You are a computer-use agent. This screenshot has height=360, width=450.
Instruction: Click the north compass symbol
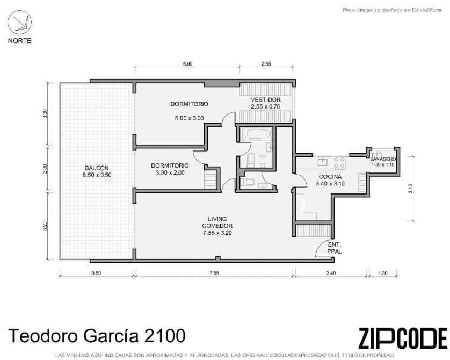(x=19, y=23)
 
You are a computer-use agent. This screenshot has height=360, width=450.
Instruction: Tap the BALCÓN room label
(x=97, y=168)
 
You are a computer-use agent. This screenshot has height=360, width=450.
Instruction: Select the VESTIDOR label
(x=265, y=100)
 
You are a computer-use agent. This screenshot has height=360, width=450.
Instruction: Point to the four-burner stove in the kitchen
(x=339, y=162)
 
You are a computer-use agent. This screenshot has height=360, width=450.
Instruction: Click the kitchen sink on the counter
(x=323, y=162)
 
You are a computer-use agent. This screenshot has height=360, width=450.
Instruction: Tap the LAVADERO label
(x=383, y=159)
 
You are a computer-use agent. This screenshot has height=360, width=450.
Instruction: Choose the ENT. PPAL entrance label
(x=335, y=248)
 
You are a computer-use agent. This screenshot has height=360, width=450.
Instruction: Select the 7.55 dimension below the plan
(x=214, y=273)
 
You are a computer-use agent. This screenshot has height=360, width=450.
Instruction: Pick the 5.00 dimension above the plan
(x=188, y=64)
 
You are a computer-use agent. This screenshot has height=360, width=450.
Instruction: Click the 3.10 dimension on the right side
(x=410, y=188)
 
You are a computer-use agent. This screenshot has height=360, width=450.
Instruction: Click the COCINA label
(x=330, y=177)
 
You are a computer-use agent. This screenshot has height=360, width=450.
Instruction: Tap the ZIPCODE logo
(x=403, y=338)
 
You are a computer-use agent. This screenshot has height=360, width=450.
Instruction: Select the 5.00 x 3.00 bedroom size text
(x=189, y=118)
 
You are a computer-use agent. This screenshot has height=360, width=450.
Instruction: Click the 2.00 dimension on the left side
(x=45, y=169)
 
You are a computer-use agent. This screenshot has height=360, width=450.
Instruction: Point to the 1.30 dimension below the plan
(x=383, y=273)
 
